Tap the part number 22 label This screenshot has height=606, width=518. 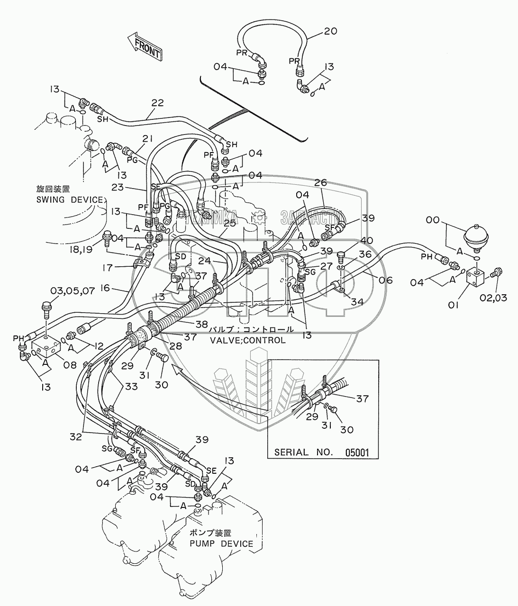158,102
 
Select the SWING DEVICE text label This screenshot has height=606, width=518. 69,199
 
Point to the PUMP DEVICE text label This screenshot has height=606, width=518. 221,543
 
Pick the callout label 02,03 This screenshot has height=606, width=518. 496,298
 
